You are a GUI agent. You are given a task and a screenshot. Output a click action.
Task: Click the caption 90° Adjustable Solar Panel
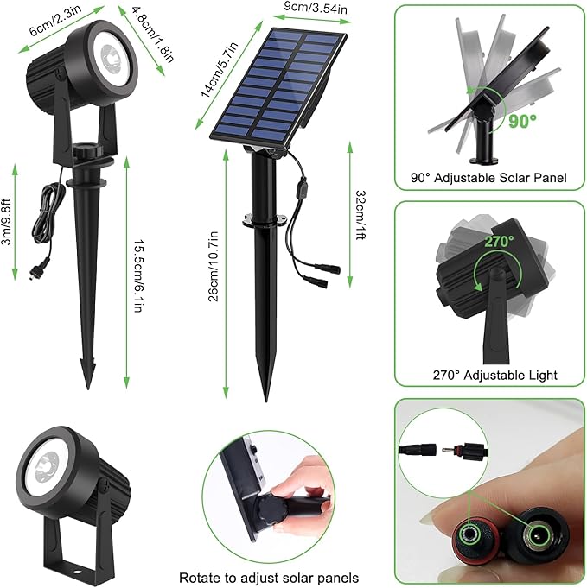tap(488, 179)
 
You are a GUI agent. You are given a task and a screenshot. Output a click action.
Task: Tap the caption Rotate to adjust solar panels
tap(268, 577)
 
